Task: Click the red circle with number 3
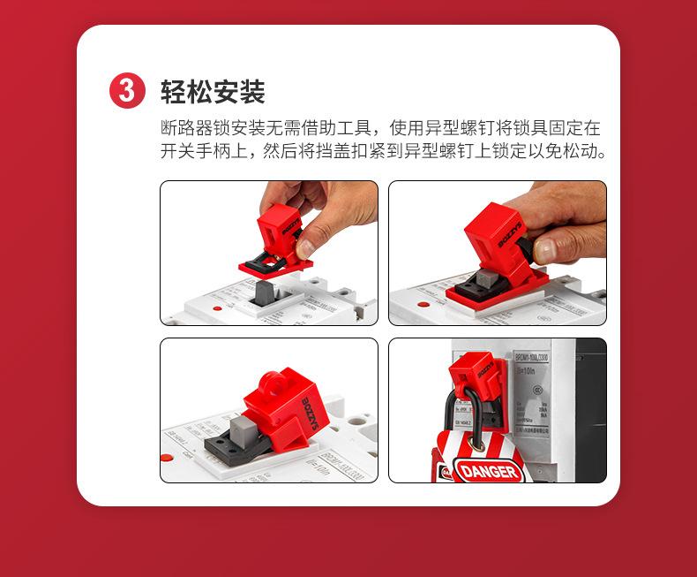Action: tap(126, 91)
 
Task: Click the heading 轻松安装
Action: tap(213, 91)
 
